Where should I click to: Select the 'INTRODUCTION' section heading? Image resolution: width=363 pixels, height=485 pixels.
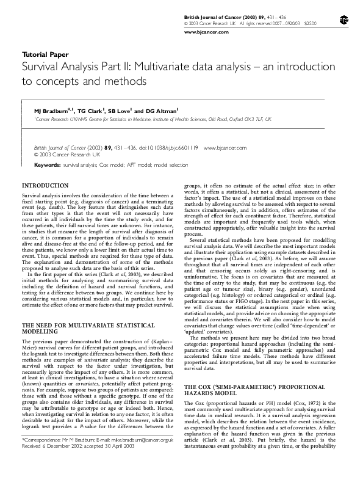[x=45, y=185]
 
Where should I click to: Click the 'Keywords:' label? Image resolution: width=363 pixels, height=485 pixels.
[x=47, y=165]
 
